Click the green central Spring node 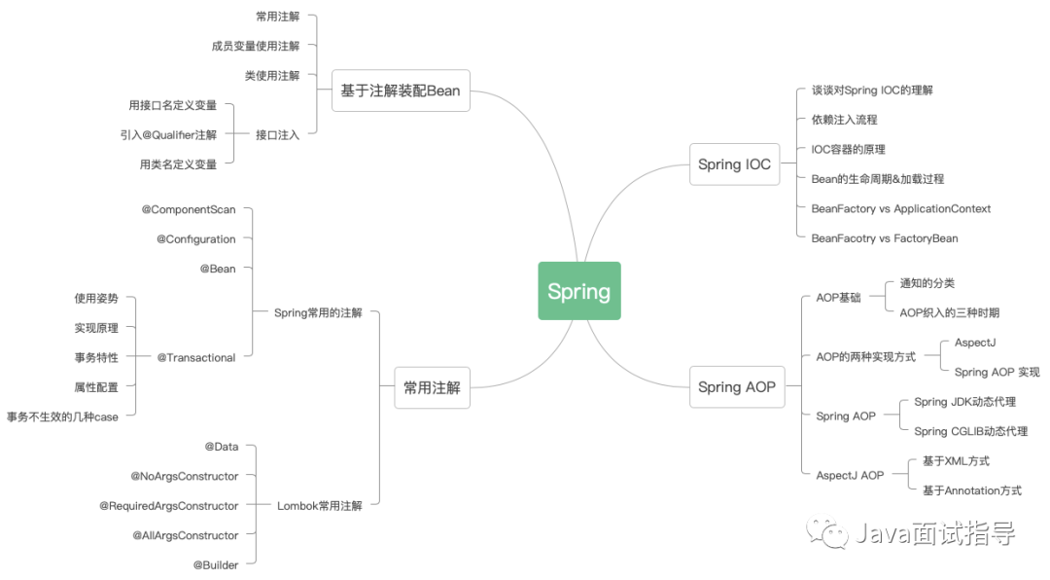point(579,291)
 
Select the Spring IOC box point(734,164)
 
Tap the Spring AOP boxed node point(736,387)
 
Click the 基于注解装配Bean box point(400,91)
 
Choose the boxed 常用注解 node point(432,387)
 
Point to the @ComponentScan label point(189,209)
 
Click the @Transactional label point(196,357)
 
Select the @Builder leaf point(215,564)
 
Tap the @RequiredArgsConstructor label point(168,506)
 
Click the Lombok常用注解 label point(319,506)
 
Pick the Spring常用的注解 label point(317,313)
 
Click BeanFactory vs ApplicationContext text point(900,208)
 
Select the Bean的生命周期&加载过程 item point(877,179)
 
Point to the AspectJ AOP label point(850,475)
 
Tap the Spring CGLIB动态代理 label point(970,431)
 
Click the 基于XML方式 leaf point(956,460)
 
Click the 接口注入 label point(277,135)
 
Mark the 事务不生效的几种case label point(62,417)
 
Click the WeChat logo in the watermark point(832,533)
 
